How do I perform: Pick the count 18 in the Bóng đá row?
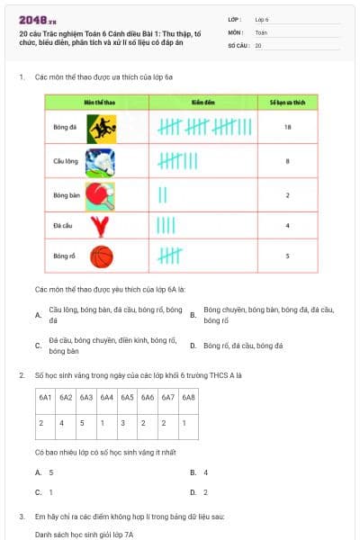[286, 128]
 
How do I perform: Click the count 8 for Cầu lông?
[286, 161]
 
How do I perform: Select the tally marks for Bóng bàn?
[163, 193]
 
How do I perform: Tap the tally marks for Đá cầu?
[166, 225]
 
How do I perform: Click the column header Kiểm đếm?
[202, 103]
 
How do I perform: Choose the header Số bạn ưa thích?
[286, 103]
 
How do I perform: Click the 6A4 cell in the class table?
[107, 397]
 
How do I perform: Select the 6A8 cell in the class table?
[188, 397]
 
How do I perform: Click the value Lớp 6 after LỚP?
[262, 18]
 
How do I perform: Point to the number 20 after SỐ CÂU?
[258, 44]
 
